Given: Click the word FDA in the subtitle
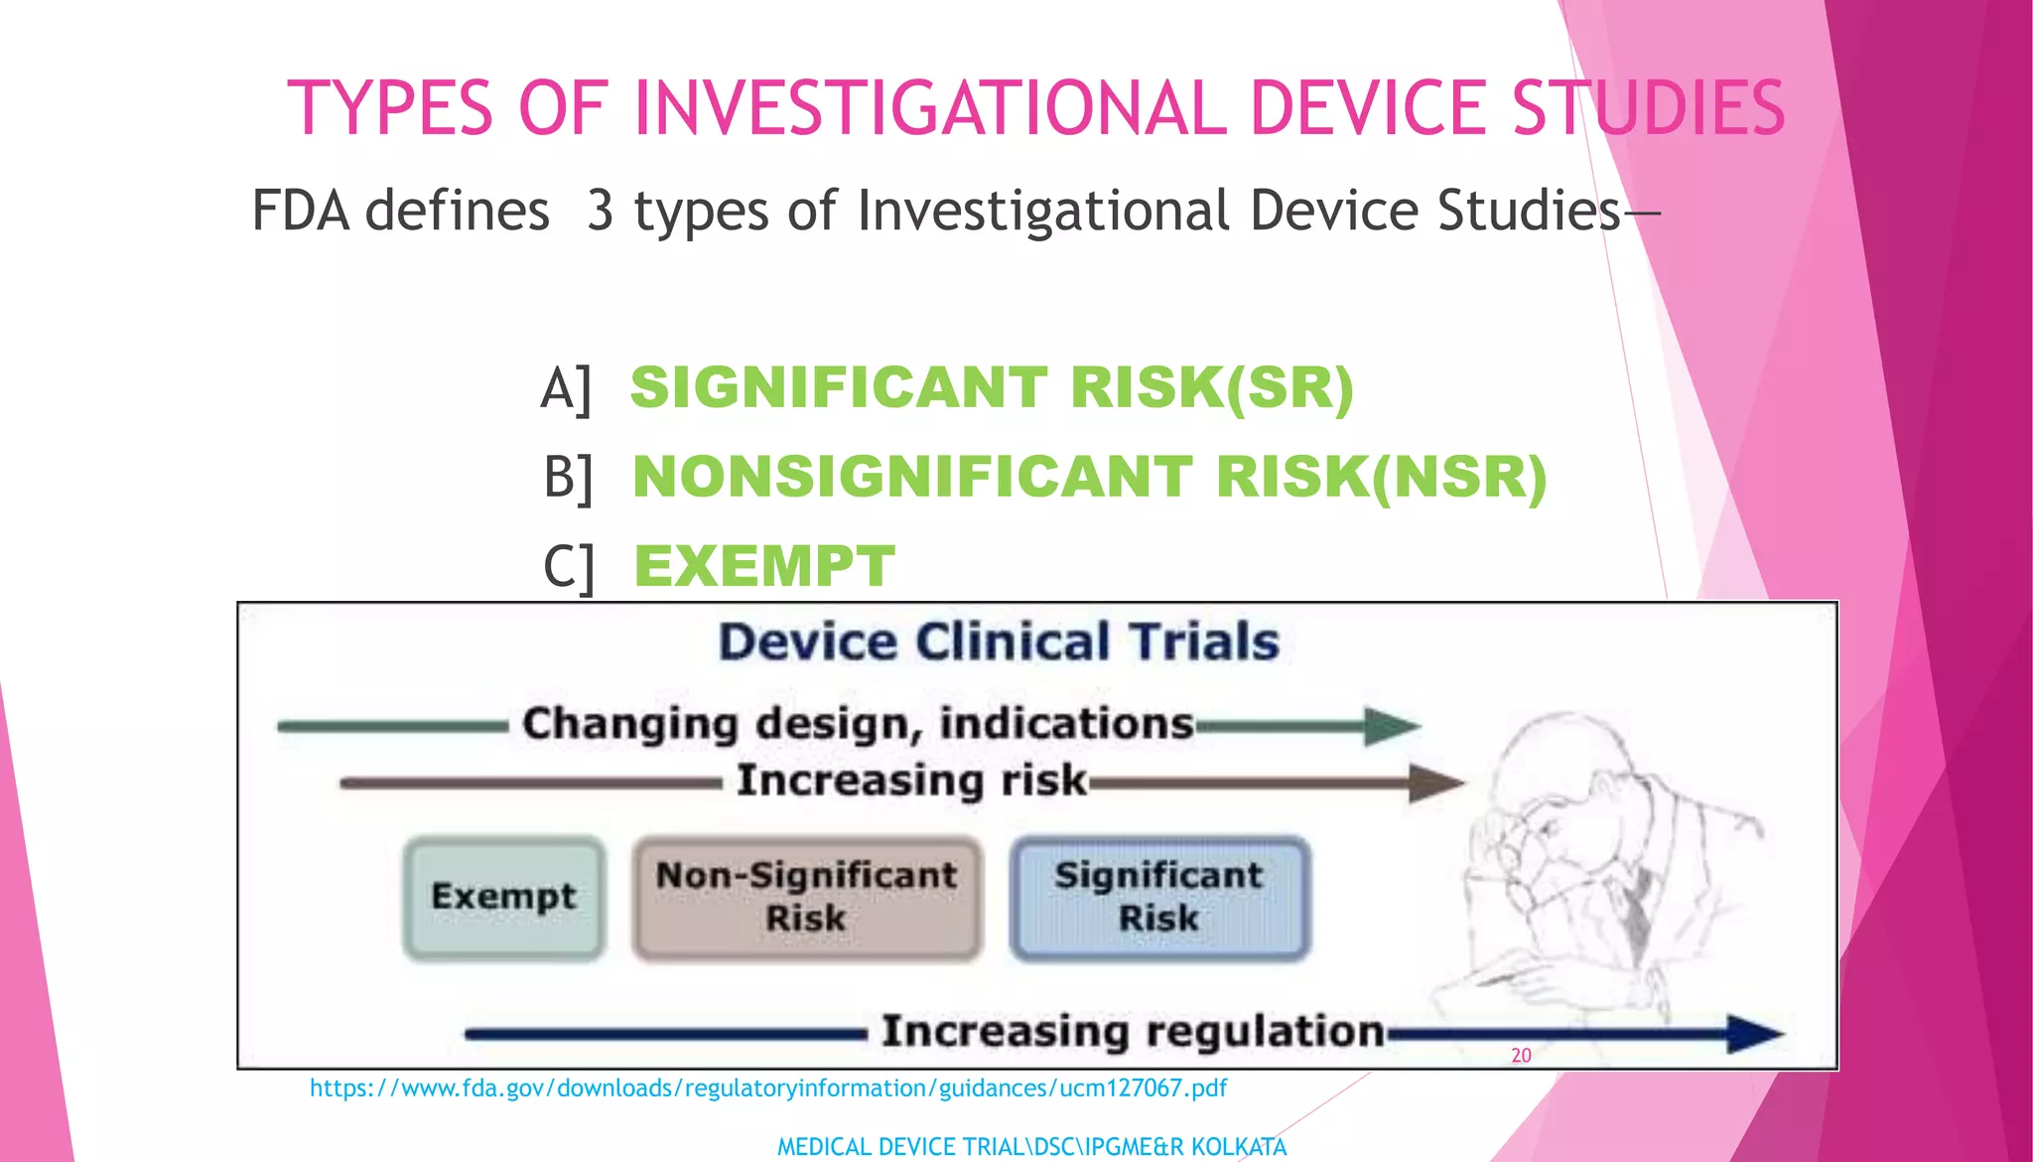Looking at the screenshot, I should point(300,211).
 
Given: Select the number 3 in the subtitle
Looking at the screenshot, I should point(600,211).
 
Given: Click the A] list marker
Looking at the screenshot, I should point(566,387).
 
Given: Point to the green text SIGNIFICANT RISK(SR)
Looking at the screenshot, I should point(992,387).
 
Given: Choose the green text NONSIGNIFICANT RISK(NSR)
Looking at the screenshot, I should point(1089,477).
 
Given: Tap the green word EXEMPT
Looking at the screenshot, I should point(764,566).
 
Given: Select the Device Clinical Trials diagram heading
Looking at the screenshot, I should point(999,642).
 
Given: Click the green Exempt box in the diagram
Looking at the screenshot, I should point(503,897).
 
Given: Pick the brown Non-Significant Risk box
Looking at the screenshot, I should point(806,897).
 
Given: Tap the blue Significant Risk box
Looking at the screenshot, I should point(1159,897).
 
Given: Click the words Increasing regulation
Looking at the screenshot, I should point(1133,1031).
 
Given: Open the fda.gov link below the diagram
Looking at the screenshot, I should point(768,1089).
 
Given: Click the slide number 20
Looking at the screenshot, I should point(1521,1056).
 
